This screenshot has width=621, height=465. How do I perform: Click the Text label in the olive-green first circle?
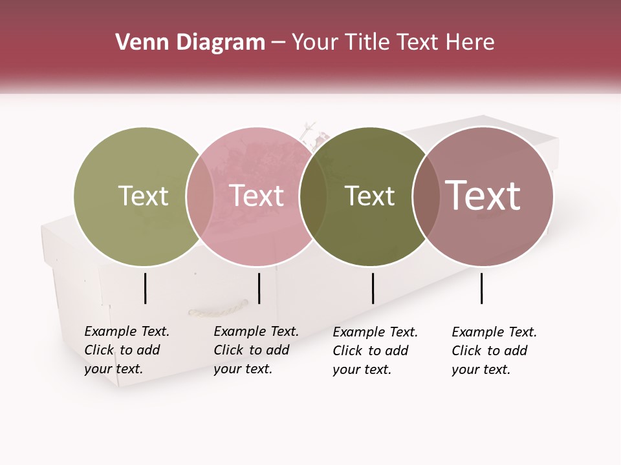143,196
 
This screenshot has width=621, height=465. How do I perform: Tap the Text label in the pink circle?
256,196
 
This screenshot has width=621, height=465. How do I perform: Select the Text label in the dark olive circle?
369,196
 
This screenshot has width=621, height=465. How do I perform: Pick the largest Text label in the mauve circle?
483,196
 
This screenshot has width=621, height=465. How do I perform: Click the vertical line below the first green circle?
145,288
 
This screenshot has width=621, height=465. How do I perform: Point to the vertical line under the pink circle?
259,288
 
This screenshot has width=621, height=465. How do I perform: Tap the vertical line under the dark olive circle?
373,288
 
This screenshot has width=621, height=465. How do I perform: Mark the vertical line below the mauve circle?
481,288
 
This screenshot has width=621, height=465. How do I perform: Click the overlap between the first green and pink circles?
200,196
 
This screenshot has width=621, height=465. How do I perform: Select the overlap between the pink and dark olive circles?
313,196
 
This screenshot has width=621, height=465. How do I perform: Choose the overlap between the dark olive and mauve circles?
426,196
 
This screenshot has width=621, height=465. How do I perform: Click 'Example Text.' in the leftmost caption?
127,331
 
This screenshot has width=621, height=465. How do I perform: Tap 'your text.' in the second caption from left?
243,369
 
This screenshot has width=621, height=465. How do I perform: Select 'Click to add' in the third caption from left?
371,351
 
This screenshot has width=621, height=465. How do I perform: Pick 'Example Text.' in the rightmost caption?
494,332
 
